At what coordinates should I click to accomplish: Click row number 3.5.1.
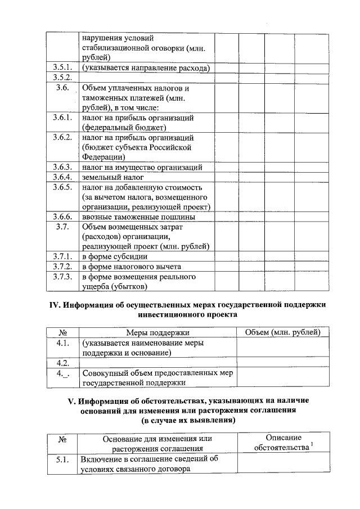62,68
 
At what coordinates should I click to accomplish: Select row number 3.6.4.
62,177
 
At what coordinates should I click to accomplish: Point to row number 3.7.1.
62,256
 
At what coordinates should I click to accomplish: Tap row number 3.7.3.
62,277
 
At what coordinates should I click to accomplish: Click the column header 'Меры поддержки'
157,333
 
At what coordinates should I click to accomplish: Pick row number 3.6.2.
62,137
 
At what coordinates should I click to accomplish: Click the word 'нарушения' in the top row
101,38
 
